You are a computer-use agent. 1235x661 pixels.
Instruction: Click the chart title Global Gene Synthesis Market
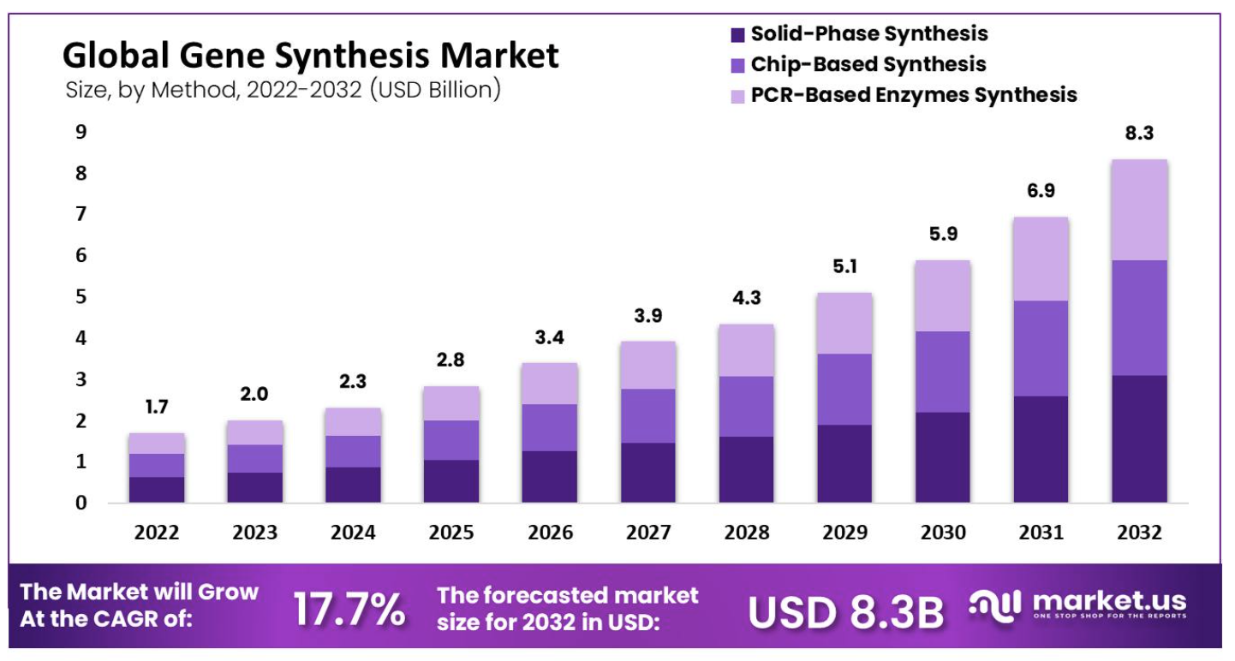[x=311, y=56]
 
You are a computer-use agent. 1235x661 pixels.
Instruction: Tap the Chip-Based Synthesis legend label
[x=868, y=64]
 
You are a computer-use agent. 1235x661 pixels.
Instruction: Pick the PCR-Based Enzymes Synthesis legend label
[x=913, y=94]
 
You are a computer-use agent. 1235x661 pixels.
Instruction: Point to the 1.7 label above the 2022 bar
[x=157, y=408]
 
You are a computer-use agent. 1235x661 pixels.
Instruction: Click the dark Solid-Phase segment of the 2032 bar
[x=1139, y=438]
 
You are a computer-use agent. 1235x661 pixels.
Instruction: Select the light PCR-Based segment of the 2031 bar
[x=1041, y=259]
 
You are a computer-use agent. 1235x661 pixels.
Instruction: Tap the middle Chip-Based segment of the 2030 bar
[x=942, y=372]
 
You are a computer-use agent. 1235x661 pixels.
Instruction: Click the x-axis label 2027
[x=648, y=533]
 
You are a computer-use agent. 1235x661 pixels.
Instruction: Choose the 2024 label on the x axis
[x=353, y=533]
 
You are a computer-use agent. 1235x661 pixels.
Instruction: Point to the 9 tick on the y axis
[x=81, y=133]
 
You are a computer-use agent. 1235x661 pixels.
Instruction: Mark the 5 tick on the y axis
[x=81, y=297]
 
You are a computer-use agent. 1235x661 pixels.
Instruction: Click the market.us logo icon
[x=996, y=605]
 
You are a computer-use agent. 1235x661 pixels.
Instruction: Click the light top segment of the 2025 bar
[x=451, y=403]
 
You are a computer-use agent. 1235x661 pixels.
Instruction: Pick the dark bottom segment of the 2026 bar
[x=550, y=476]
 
